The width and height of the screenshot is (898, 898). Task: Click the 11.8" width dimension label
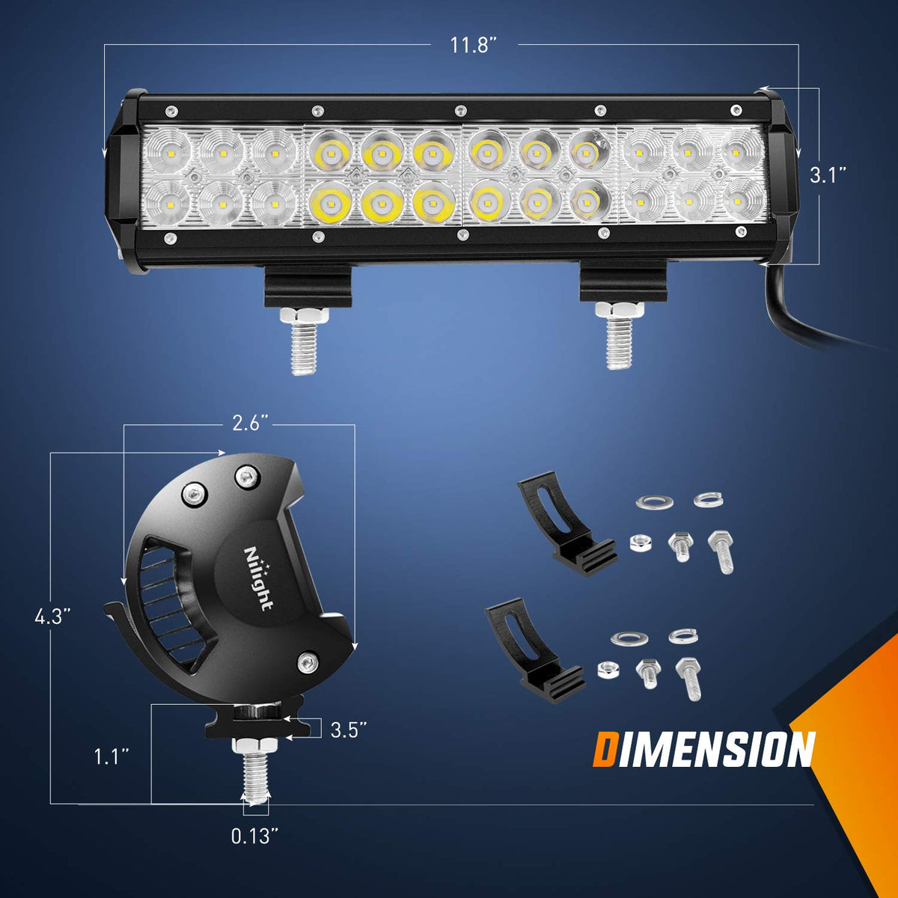click(474, 46)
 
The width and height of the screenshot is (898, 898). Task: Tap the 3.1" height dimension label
click(827, 175)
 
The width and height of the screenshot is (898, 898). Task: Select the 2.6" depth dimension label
click(250, 424)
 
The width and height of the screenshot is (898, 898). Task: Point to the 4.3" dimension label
click(52, 617)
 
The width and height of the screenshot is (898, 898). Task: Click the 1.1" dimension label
click(111, 757)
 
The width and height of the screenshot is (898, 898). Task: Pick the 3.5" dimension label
click(348, 730)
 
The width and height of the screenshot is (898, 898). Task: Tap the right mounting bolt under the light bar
click(620, 335)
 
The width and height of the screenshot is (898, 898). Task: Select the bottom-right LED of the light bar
click(738, 201)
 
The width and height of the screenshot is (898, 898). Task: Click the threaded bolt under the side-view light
click(255, 771)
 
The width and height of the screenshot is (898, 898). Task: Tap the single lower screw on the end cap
click(307, 662)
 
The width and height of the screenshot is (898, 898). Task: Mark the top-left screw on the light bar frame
click(171, 112)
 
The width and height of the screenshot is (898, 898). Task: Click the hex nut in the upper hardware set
click(640, 543)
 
